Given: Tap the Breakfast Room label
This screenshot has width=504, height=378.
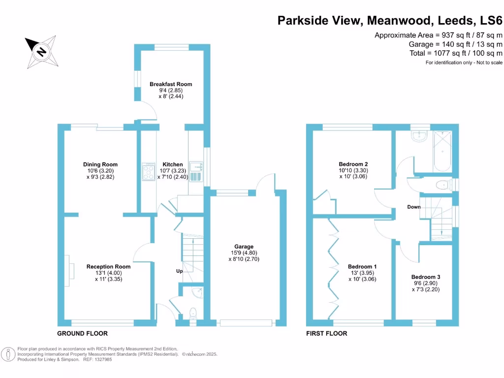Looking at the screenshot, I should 171,84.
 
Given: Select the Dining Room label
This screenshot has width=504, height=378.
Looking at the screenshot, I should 100,164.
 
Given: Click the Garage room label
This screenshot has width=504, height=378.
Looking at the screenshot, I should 244,247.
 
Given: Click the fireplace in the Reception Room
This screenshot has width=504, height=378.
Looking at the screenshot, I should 69,271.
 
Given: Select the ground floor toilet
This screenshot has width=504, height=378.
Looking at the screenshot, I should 192,313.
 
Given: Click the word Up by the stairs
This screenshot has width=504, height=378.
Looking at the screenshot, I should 180,271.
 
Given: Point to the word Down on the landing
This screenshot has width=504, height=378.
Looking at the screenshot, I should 414,207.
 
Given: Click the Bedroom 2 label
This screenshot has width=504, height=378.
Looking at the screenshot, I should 353,164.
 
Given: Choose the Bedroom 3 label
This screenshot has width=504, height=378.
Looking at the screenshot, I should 426,277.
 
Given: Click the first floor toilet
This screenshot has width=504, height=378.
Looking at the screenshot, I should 443,185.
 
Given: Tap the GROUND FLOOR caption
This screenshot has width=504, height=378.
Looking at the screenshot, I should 82,333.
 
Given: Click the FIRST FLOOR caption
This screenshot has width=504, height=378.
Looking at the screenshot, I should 326,333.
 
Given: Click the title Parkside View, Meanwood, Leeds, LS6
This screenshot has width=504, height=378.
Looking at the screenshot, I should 390,21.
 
